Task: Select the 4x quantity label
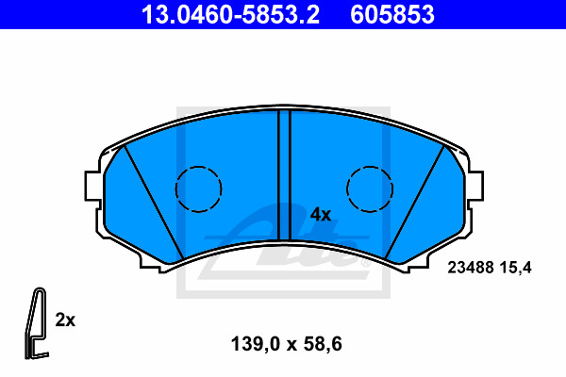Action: point(321,214)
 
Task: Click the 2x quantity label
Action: point(65,320)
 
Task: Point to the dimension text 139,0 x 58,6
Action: point(283,344)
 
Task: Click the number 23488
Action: point(464,268)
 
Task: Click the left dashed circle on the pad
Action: point(199,188)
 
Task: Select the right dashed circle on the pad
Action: point(369,188)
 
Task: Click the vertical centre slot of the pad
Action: point(284,174)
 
